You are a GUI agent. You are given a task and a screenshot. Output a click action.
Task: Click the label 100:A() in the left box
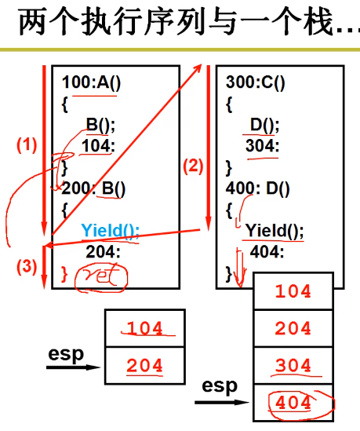pyautogui.click(x=91, y=82)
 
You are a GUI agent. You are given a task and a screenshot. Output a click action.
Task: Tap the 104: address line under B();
pyautogui.click(x=98, y=146)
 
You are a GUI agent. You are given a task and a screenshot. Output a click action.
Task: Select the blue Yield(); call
pyautogui.click(x=111, y=231)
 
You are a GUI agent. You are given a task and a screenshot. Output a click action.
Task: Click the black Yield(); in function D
pyautogui.click(x=275, y=231)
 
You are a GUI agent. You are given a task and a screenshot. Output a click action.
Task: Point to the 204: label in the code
pyautogui.click(x=103, y=252)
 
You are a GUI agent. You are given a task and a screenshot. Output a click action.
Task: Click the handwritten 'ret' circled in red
pyautogui.click(x=101, y=277)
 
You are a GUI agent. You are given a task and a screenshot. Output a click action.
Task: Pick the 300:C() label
pyautogui.click(x=256, y=82)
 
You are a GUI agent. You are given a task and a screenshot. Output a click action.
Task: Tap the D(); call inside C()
pyautogui.click(x=264, y=126)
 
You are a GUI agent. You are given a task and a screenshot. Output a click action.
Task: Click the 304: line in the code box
pyautogui.click(x=262, y=146)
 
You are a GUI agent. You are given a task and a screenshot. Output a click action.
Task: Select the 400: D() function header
pyautogui.click(x=257, y=189)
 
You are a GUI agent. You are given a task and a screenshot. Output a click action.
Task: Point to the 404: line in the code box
pyautogui.click(x=267, y=252)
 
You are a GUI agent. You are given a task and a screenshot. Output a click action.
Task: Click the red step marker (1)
pyautogui.click(x=27, y=145)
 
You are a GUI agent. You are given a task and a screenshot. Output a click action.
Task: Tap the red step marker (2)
pyautogui.click(x=193, y=166)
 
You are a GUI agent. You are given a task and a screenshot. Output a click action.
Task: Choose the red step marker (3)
pyautogui.click(x=27, y=267)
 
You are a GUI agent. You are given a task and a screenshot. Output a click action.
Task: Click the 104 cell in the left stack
pyautogui.click(x=145, y=328)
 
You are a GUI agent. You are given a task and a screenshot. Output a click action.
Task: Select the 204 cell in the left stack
pyautogui.click(x=145, y=366)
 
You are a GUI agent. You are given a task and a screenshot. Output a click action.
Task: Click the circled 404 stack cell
pyautogui.click(x=293, y=403)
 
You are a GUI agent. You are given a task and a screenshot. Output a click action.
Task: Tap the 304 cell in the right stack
pyautogui.click(x=293, y=366)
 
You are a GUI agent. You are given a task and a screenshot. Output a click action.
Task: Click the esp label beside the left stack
pyautogui.click(x=66, y=355)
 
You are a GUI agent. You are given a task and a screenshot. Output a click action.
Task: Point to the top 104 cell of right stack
pyautogui.click(x=293, y=291)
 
